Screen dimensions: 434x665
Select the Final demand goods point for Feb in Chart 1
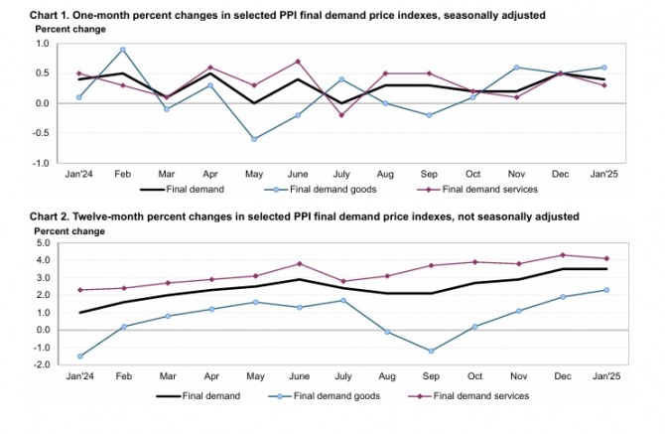pos(122,50)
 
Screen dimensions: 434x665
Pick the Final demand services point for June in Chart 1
pos(297,62)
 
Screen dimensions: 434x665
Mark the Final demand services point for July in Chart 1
pos(340,115)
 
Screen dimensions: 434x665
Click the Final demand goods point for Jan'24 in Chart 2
pos(78,356)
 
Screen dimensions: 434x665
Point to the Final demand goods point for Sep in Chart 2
pos(429,351)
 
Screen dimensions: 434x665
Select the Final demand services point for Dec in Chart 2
pos(563,255)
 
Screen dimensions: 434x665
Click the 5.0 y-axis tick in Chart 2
pos(44,242)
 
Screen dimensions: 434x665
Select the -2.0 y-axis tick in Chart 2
pos(43,364)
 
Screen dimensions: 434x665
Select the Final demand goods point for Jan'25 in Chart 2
pos(606,290)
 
